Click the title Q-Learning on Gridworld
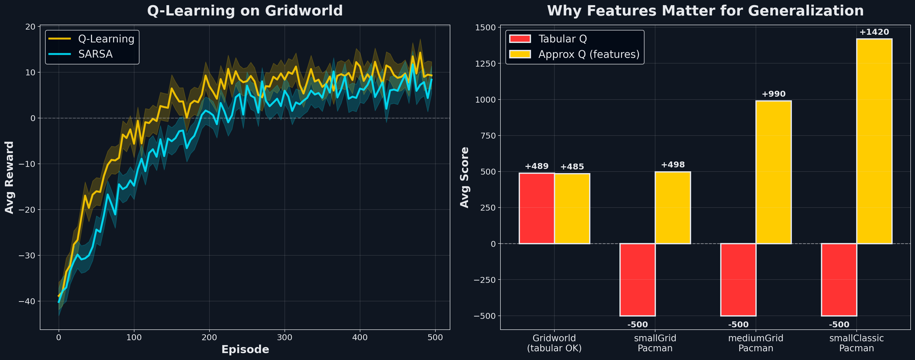coord(245,11)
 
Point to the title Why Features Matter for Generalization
coord(705,11)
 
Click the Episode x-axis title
coord(245,349)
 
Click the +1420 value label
coord(874,32)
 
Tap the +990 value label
coord(773,94)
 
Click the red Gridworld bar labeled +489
coord(536,208)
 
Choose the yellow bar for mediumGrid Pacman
coord(773,172)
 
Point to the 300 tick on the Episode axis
coord(285,337)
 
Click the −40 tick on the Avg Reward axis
coord(27,301)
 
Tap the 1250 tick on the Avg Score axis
coord(485,64)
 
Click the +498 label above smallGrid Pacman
coord(673,165)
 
